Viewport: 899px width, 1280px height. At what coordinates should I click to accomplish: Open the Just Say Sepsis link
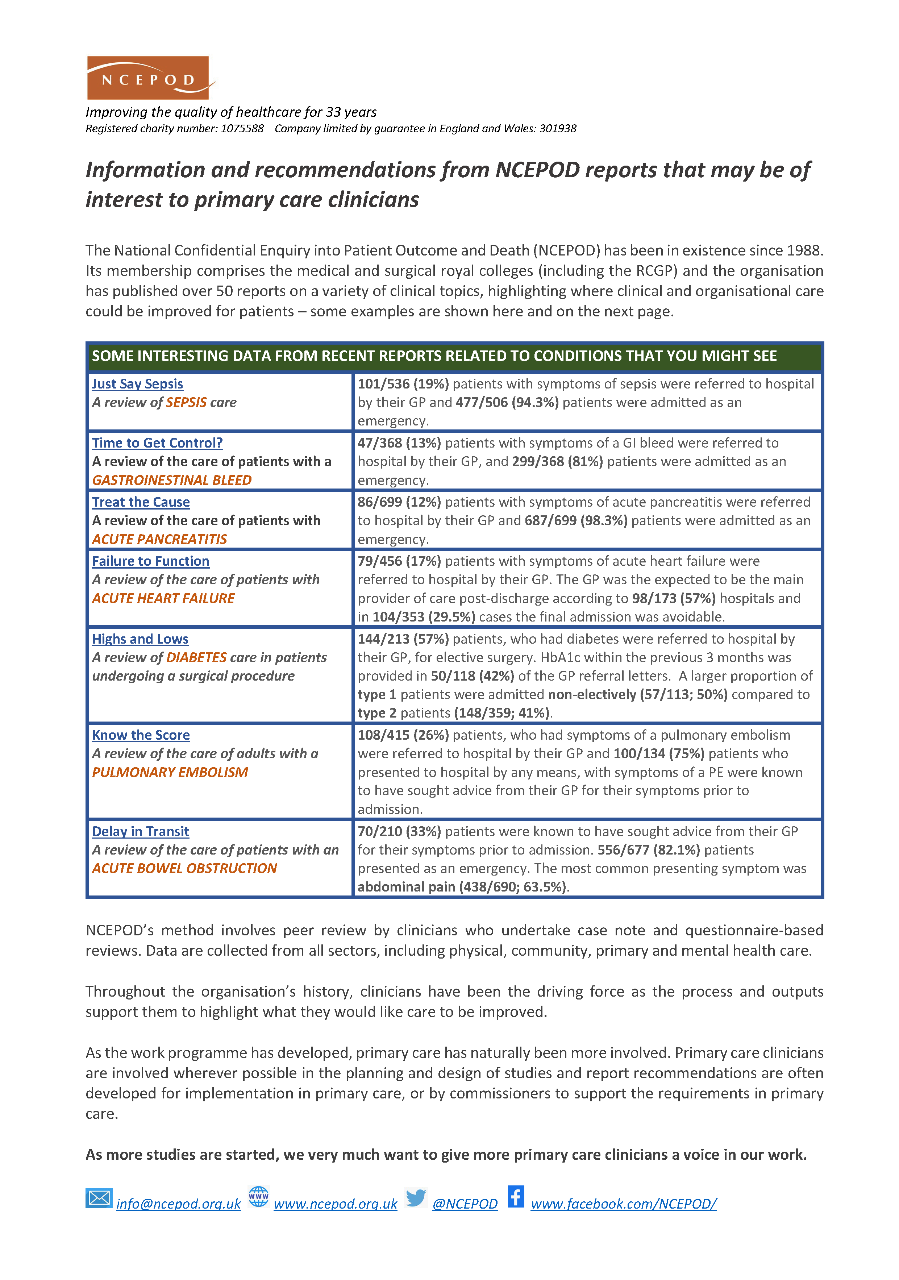click(x=137, y=384)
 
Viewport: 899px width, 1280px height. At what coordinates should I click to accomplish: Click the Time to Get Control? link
click(x=157, y=443)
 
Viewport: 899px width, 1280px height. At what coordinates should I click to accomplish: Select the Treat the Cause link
click(x=141, y=502)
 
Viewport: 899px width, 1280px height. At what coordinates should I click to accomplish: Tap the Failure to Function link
click(x=150, y=561)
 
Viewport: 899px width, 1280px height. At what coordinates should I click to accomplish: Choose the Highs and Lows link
click(x=140, y=639)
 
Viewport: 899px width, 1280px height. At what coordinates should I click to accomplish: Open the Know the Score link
click(x=141, y=735)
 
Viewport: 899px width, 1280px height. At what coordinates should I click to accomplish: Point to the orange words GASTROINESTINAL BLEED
click(x=172, y=481)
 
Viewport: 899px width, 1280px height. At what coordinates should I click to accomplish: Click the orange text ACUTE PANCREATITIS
click(x=159, y=540)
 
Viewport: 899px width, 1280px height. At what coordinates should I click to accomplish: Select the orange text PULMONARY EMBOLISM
click(x=170, y=773)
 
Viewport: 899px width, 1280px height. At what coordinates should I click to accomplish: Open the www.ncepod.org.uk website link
click(x=336, y=1204)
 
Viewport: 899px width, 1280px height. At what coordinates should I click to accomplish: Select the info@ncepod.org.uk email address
click(x=178, y=1204)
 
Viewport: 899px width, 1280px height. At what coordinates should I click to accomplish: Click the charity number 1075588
click(x=242, y=129)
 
